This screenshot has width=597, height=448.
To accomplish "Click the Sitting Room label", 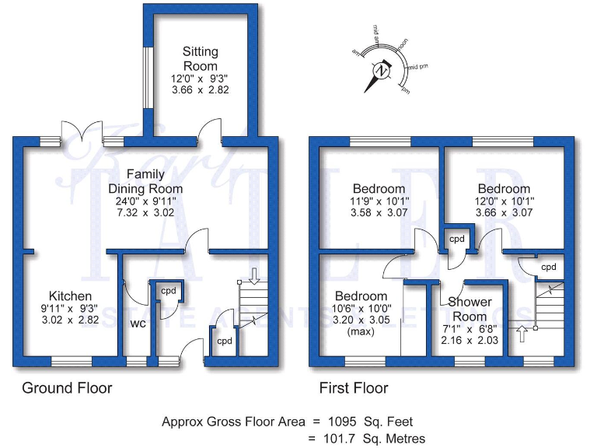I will coord(201,59).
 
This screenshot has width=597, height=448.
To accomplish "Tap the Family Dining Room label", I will coord(145,180).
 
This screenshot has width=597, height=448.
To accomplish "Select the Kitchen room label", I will coord(71,296).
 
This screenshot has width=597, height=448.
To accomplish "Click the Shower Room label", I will coord(470,309).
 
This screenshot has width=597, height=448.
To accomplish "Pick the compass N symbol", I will coord(381,70).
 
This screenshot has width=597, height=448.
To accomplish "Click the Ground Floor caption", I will coord(67,387).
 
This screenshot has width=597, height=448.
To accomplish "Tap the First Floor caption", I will coord(354,387).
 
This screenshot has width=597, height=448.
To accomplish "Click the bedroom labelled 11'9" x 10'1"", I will coord(379,189).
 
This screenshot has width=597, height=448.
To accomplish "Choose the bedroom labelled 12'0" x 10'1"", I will coord(504,189).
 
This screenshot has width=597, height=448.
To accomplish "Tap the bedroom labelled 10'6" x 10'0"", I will coord(361,296).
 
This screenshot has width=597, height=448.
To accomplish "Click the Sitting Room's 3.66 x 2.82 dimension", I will coord(201,90).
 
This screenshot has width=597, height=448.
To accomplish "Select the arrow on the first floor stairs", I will coord(521,335).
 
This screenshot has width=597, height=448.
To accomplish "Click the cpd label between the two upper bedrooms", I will coord(456,239).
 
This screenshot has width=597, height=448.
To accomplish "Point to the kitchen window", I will coord(72,361).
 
